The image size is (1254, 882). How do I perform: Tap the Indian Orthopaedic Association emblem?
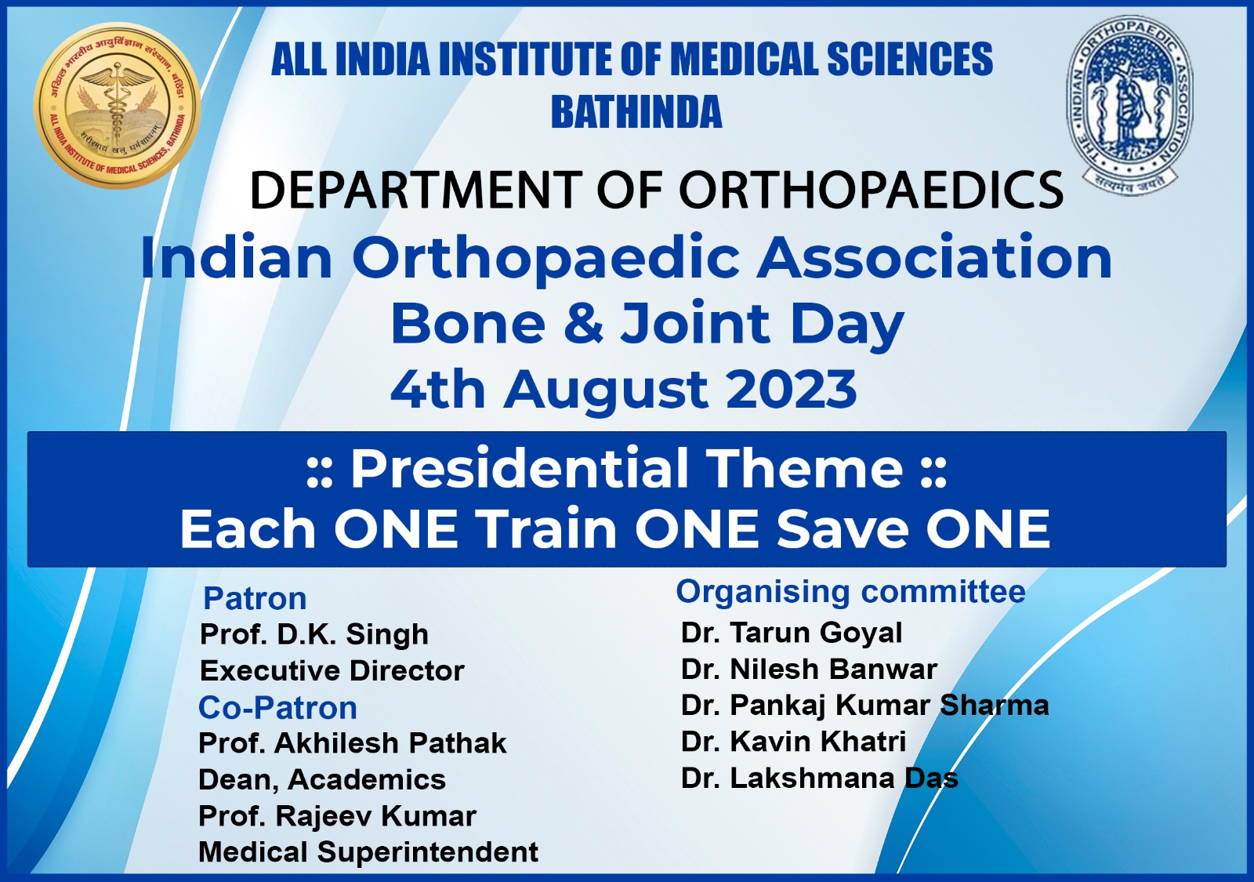(1130, 105)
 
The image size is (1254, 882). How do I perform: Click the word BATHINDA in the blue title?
(636, 112)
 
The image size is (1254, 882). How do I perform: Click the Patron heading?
(255, 598)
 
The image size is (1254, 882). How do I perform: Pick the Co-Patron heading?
(277, 707)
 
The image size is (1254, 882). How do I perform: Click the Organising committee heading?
(851, 591)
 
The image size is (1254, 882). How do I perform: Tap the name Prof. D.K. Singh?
(314, 634)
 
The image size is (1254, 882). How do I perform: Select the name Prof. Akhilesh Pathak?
(353, 743)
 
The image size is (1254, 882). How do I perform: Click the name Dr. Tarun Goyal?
(792, 633)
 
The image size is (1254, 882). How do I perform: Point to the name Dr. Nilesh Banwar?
(810, 669)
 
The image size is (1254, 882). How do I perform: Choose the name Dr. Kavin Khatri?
(793, 741)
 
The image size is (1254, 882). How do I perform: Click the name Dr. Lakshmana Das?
(820, 778)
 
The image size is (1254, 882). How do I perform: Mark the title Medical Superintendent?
(368, 852)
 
